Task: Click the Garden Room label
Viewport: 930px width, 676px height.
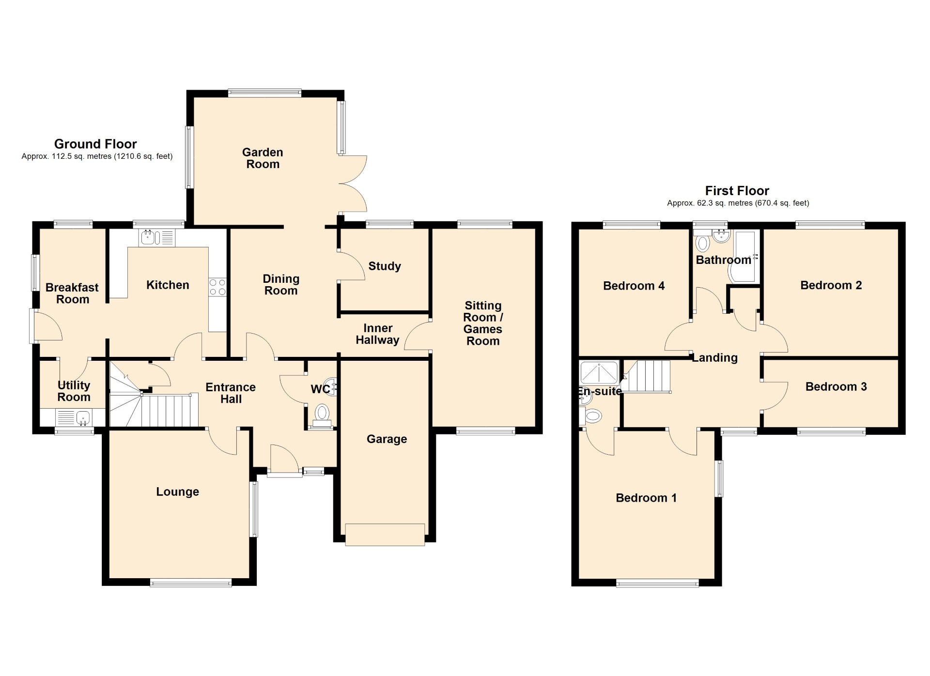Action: click(x=263, y=158)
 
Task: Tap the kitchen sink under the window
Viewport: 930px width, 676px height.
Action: click(x=156, y=237)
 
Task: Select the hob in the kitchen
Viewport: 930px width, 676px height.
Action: click(x=217, y=287)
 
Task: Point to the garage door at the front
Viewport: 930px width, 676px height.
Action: click(x=385, y=535)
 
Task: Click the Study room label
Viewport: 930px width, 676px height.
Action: click(x=385, y=266)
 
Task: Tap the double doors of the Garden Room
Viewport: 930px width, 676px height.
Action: click(x=353, y=184)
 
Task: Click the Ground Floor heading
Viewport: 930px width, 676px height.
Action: click(x=95, y=144)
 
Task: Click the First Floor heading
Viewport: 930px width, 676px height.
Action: click(x=737, y=191)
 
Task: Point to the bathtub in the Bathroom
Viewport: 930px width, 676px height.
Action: click(x=744, y=257)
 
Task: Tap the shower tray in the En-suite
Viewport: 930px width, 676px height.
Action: click(x=599, y=372)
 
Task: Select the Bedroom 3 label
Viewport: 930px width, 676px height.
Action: click(x=836, y=386)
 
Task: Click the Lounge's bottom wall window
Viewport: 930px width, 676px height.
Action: click(x=191, y=583)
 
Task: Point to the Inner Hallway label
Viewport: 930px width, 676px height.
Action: click(x=378, y=334)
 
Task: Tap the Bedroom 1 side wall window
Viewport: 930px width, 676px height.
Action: click(x=720, y=478)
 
